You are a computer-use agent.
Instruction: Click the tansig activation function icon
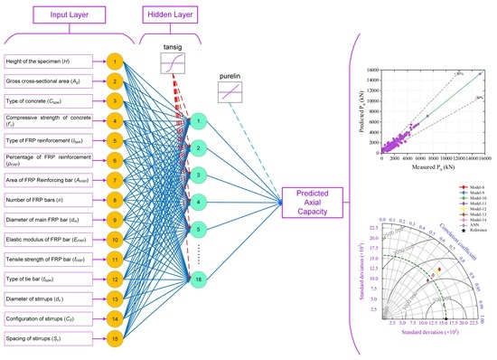coord(172,64)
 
